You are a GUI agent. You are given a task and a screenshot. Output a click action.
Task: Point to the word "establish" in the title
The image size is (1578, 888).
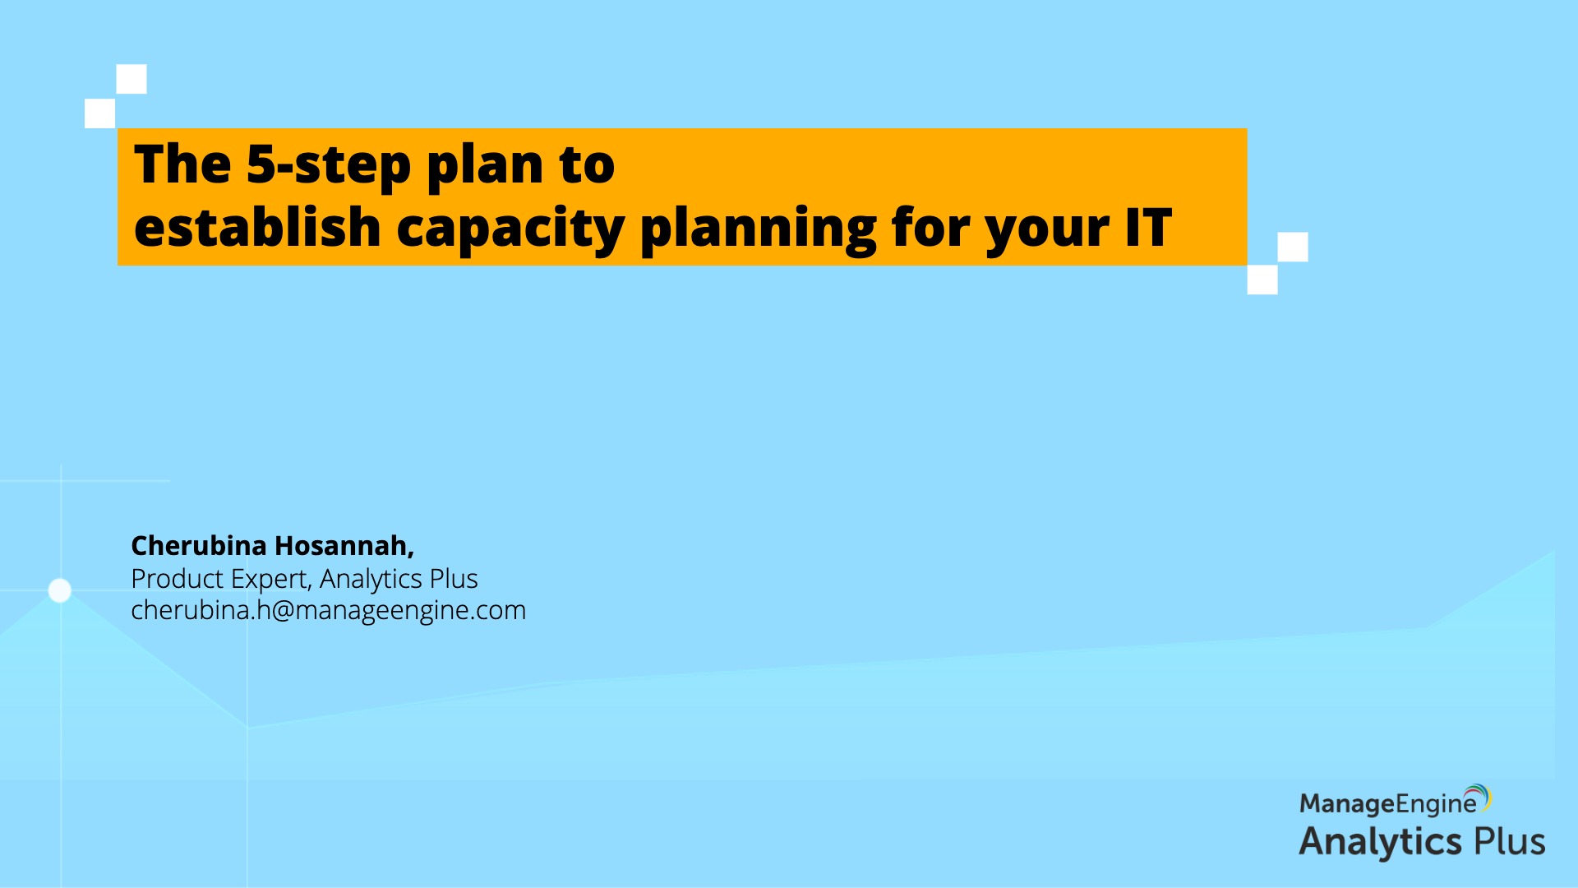257,226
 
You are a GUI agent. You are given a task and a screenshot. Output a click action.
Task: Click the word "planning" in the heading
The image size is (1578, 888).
758,229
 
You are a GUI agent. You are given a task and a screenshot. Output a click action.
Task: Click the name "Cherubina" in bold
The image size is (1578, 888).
199,545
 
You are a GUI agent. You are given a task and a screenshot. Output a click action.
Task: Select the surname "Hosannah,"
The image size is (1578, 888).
344,545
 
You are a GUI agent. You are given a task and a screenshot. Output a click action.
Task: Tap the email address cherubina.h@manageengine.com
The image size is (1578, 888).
328,610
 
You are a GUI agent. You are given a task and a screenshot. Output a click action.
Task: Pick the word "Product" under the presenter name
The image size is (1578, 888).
177,579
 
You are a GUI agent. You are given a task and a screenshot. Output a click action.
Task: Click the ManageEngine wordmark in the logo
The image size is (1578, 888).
1388,803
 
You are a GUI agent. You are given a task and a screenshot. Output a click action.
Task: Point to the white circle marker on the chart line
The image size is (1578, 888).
60,590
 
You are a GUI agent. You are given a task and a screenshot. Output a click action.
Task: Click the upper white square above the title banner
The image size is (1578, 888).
131,79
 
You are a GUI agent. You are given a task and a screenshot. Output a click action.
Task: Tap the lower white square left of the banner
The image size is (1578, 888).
100,113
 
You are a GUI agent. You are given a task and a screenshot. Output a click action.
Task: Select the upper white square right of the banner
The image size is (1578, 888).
1293,247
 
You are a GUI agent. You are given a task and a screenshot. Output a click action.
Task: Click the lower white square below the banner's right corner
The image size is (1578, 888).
1262,280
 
